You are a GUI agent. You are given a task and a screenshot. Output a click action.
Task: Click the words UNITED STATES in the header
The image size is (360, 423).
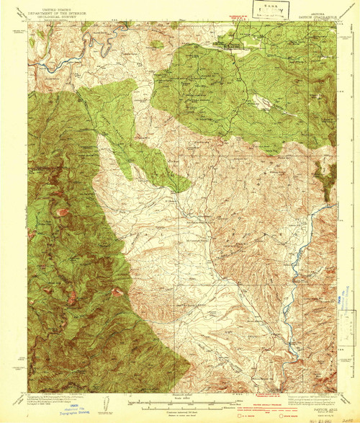pyautogui.click(x=51, y=7)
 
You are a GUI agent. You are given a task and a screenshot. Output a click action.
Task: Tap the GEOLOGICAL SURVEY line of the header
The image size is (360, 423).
pyautogui.click(x=51, y=15)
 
